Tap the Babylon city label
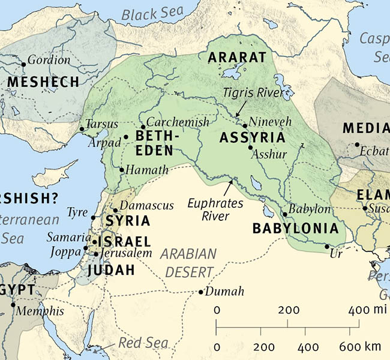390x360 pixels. (x=310, y=209)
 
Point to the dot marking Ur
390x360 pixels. (x=326, y=247)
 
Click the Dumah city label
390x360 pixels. (x=224, y=292)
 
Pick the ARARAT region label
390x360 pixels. (x=236, y=58)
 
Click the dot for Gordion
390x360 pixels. (x=24, y=64)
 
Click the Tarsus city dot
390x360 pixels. (x=82, y=129)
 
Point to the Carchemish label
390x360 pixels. (x=178, y=122)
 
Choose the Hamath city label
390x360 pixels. (x=148, y=170)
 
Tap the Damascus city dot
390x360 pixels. (x=116, y=210)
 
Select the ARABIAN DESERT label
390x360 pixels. (x=191, y=262)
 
